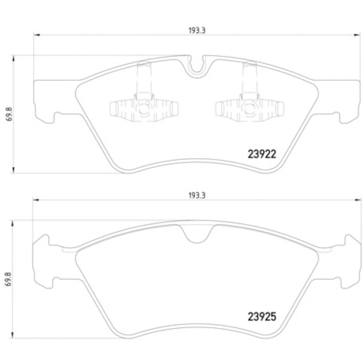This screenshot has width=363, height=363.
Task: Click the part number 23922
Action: [262, 154]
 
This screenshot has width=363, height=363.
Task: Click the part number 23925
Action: [262, 316]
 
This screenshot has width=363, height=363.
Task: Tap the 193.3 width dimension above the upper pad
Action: [197, 31]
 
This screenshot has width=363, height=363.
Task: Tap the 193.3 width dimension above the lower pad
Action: [197, 195]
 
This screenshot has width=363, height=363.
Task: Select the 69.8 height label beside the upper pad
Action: [9, 114]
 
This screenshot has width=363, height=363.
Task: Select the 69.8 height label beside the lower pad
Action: [8, 279]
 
